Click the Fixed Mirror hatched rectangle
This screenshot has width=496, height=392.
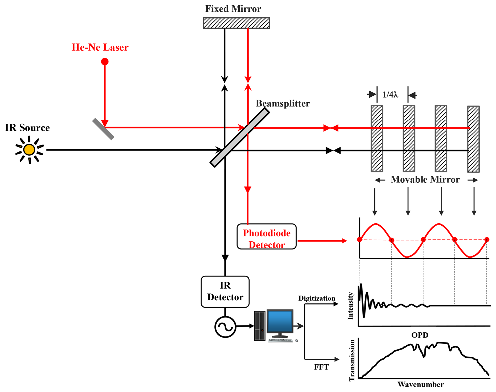(236, 23)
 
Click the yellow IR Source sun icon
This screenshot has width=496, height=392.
(29, 150)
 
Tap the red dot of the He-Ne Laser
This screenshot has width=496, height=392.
(105, 62)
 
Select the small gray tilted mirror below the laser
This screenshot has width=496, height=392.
(103, 129)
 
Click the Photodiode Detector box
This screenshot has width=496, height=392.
(266, 236)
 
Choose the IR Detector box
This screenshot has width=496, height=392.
(225, 291)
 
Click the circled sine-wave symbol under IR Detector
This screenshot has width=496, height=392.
(225, 327)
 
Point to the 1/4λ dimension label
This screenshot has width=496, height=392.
(390, 95)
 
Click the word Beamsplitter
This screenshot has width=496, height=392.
(283, 104)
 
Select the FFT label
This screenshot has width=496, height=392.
(321, 367)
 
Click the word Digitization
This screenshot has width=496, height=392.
(316, 298)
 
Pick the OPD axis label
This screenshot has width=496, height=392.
(420, 335)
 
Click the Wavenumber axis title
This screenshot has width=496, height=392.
(420, 384)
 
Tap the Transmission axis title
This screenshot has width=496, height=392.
(352, 360)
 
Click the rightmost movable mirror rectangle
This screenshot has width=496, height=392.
(473, 139)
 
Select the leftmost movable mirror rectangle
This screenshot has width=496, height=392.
(377, 139)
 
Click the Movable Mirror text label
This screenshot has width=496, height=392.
(425, 180)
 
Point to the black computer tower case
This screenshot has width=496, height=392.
(260, 326)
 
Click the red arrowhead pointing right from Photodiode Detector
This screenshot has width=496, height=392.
(345, 241)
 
